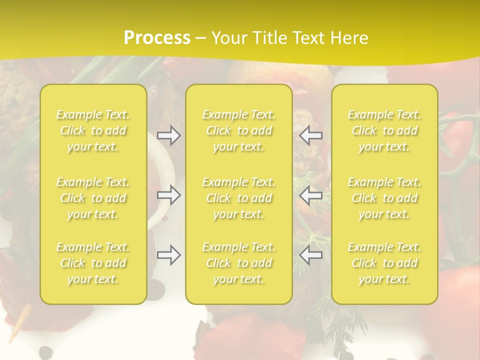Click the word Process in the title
pos(157,38)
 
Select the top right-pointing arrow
pos(169,135)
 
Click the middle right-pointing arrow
pos(169,195)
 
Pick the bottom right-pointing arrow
pos(169,255)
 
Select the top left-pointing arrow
pos(311,135)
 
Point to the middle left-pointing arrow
pos(311,195)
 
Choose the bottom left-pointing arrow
pos(311,255)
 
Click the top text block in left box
pos(93,130)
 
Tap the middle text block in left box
pos(93,198)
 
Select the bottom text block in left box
pos(93,263)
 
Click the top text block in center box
pos(239,130)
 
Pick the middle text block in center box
pos(239,198)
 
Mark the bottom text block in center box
pos(239,263)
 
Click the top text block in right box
pos(384,130)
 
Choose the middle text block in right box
pos(384,198)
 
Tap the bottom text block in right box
pos(384,263)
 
